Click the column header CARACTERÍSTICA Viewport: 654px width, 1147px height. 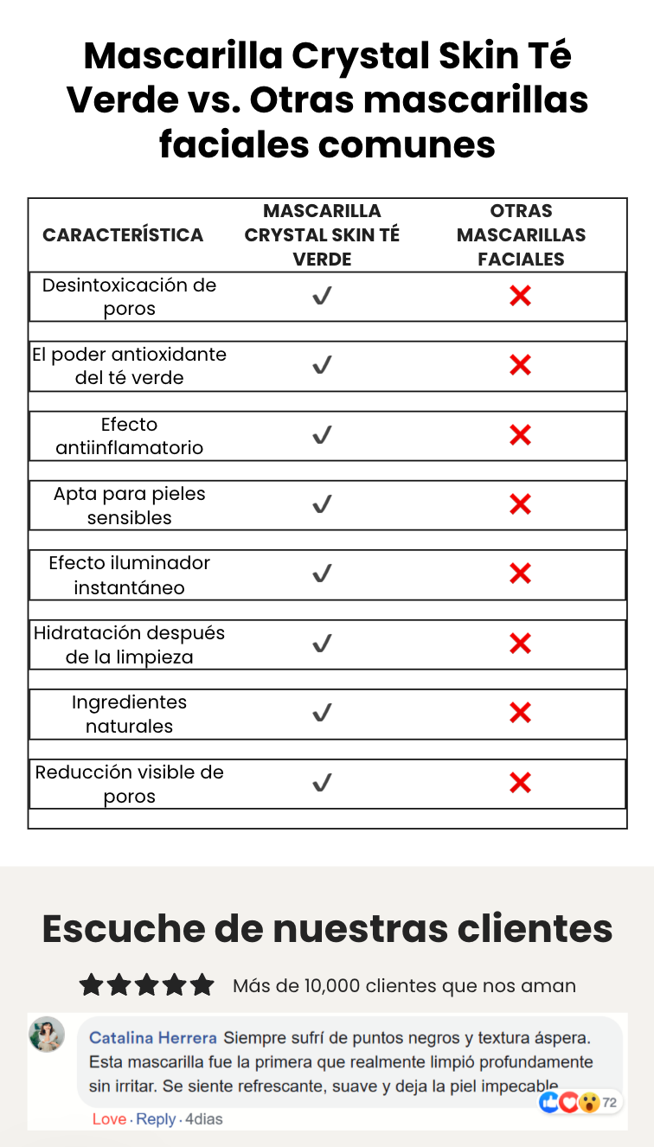coord(123,235)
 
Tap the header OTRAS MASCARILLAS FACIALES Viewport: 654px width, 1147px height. coord(521,235)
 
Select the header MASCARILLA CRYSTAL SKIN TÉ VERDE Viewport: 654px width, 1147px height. coord(322,235)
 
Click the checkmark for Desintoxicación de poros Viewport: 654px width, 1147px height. coord(322,297)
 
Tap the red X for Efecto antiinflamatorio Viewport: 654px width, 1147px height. coord(520,435)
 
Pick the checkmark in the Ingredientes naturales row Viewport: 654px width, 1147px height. coord(322,714)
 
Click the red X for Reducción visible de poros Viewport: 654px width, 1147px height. coord(520,783)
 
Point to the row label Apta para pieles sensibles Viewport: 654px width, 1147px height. coord(129,506)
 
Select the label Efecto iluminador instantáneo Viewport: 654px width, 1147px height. coord(129,575)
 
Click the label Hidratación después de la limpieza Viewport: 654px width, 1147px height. coord(129,644)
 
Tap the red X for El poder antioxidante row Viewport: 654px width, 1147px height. coord(520,366)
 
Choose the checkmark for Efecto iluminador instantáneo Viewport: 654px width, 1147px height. coord(322,573)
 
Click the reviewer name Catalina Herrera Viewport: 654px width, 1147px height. coord(153,1037)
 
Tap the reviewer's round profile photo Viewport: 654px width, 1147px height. coord(47,1035)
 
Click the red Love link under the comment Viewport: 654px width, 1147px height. coord(109,1119)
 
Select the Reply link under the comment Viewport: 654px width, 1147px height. coord(156,1119)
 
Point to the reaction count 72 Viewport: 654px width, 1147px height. coord(610,1102)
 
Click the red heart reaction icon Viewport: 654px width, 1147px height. coord(569,1102)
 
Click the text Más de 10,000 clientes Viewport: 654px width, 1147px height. coord(337,986)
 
